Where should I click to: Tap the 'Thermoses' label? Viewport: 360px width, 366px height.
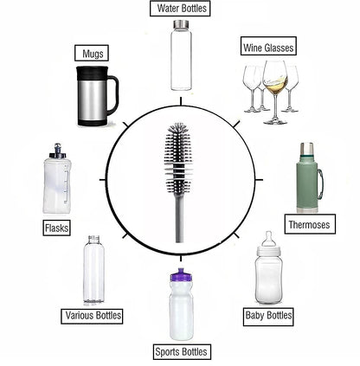click(x=309, y=225)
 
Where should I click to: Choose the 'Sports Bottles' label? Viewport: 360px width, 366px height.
click(x=181, y=351)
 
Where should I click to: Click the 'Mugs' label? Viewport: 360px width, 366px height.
click(x=90, y=54)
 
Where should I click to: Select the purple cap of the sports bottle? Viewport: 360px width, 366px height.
click(x=180, y=279)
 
